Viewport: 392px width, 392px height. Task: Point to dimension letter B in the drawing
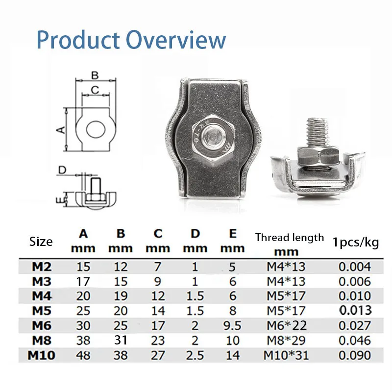pyautogui.click(x=95, y=75)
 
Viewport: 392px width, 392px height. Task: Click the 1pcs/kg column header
pyautogui.click(x=355, y=242)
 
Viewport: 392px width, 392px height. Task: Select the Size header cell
pyautogui.click(x=41, y=242)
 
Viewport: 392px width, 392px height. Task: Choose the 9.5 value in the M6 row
pyautogui.click(x=232, y=326)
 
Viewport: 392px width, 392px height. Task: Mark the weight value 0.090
pyautogui.click(x=355, y=355)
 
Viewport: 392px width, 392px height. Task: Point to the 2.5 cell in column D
pyautogui.click(x=196, y=355)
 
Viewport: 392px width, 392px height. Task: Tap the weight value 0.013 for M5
pyautogui.click(x=355, y=311)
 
